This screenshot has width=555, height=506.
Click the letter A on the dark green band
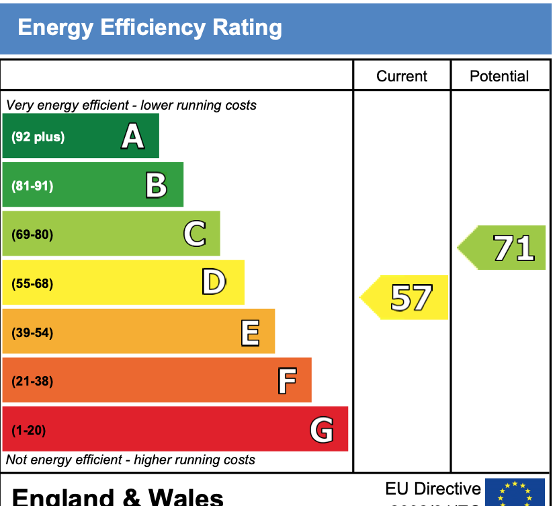(x=133, y=137)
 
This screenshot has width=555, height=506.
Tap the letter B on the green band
(x=157, y=185)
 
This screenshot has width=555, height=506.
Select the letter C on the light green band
(x=194, y=234)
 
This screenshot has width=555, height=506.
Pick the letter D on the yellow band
(x=214, y=283)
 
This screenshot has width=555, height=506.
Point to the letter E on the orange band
(x=250, y=332)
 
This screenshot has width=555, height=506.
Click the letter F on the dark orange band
(x=287, y=381)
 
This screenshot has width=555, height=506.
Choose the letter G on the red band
(x=322, y=429)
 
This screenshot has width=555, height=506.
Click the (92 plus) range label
(x=38, y=137)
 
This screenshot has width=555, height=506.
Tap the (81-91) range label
(x=32, y=186)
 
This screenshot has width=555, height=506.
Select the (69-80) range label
(x=32, y=235)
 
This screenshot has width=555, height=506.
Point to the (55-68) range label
(x=32, y=283)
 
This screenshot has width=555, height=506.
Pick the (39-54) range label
(x=32, y=332)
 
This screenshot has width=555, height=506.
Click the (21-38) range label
(x=32, y=382)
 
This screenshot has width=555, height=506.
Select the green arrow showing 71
(x=504, y=248)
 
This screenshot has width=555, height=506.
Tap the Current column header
(x=402, y=76)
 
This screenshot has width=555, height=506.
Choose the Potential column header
(x=499, y=76)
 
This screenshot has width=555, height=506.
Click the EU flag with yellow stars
(x=515, y=493)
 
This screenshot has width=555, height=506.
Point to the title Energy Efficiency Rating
(x=150, y=28)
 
